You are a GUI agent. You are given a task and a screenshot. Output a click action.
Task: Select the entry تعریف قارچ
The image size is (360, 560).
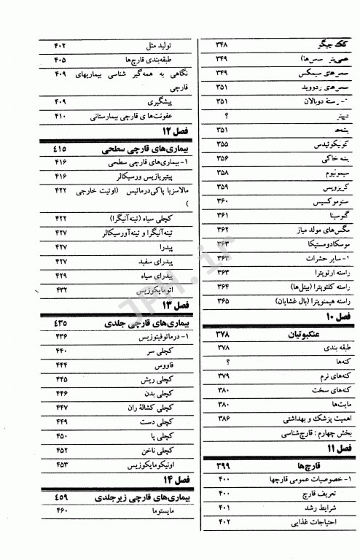[x=316, y=493]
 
